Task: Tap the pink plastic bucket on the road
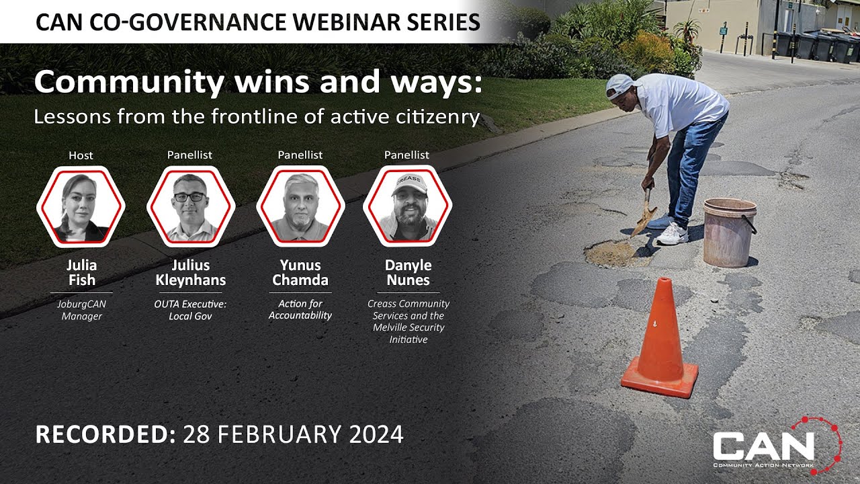(x=729, y=232)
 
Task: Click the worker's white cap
(x=619, y=87)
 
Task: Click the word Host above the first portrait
(x=81, y=155)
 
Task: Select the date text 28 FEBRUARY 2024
(x=293, y=434)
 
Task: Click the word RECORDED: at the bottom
(x=105, y=434)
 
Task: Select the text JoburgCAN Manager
(x=81, y=310)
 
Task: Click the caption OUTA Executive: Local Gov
(x=191, y=310)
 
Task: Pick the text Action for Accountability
(x=300, y=310)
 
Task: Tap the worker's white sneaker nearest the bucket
(x=672, y=235)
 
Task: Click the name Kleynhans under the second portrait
(x=191, y=280)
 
